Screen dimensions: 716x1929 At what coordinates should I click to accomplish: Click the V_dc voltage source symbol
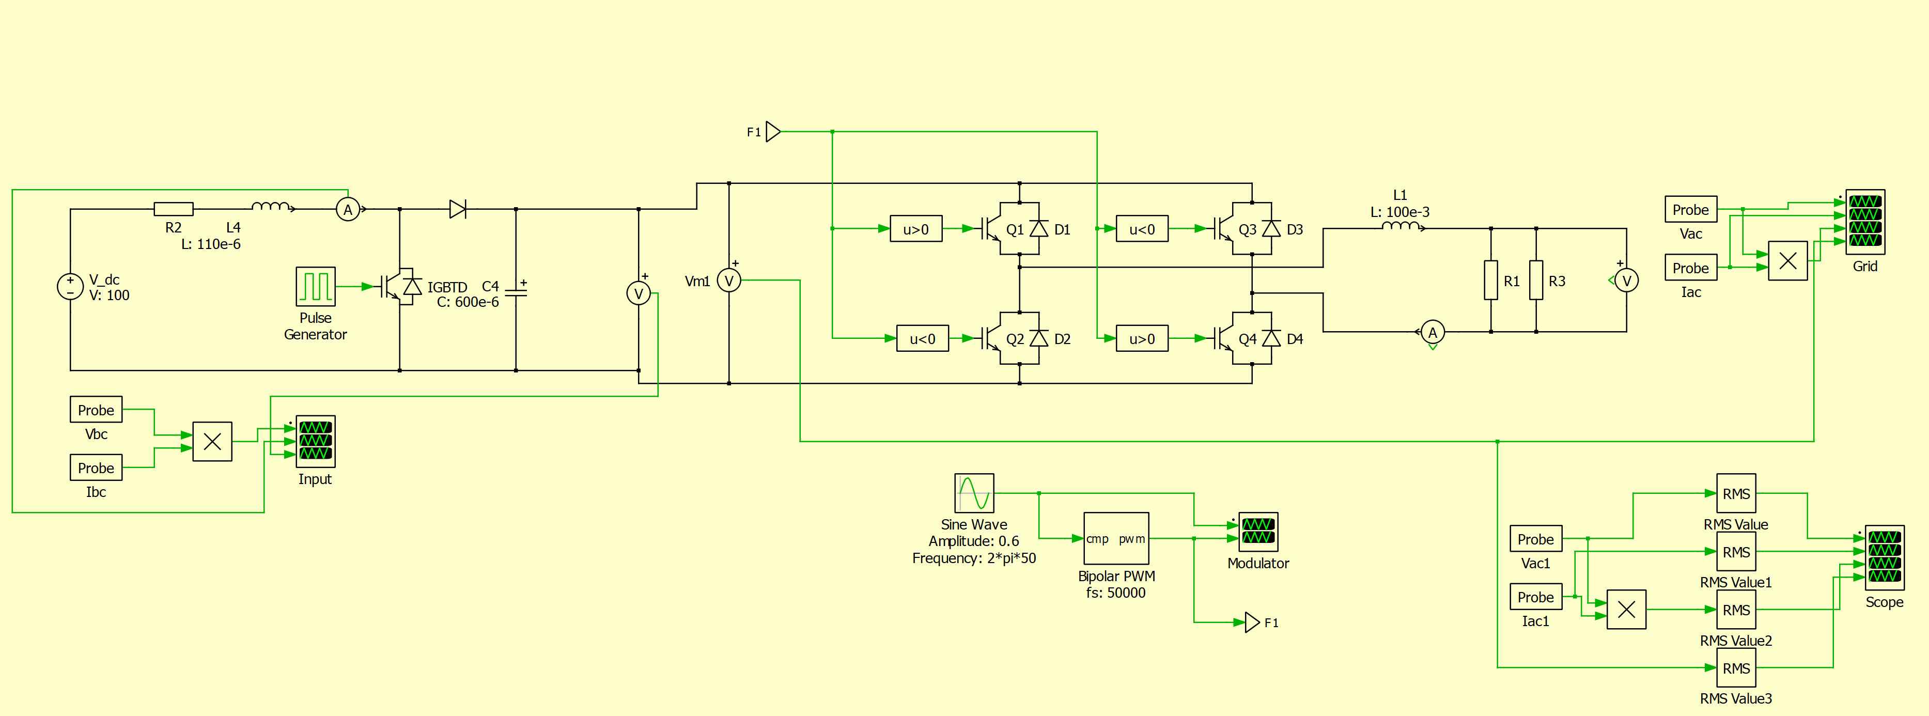click(70, 286)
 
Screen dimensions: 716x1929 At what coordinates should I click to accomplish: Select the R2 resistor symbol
click(173, 209)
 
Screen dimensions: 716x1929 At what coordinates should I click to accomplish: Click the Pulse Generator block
click(315, 286)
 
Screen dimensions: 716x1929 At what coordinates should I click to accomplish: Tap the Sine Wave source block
click(973, 493)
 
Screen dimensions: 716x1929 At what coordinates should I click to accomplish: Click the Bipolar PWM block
click(1116, 538)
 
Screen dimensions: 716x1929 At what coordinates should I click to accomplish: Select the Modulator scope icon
click(1258, 531)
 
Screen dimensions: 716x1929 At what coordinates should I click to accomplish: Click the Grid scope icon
click(1864, 222)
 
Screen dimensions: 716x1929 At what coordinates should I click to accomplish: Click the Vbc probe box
click(96, 410)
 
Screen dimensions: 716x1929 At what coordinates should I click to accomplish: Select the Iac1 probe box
click(1535, 597)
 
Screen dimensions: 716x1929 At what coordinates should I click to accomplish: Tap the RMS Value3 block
click(1736, 668)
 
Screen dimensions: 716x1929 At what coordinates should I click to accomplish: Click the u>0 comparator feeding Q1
click(915, 229)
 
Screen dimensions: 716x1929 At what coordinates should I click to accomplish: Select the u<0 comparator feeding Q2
click(922, 338)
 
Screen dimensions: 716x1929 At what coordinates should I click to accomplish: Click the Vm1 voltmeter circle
click(728, 281)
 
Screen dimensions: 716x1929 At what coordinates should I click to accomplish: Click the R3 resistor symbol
click(1536, 280)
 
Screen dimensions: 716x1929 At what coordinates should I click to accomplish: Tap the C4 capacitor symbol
click(516, 290)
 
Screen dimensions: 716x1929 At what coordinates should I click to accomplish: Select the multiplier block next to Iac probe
click(1787, 261)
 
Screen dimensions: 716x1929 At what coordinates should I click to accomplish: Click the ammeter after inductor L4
click(348, 210)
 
